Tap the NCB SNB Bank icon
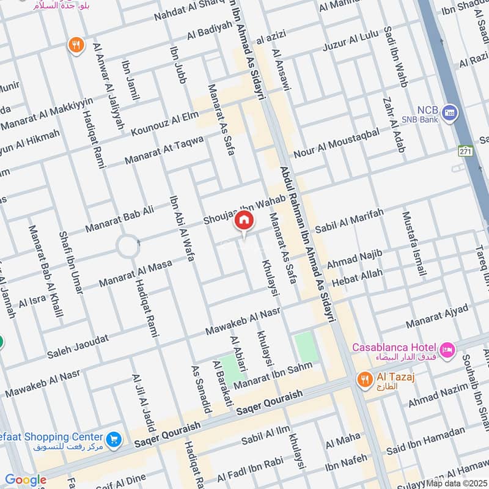tap(450, 112)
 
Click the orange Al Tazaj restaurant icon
tap(364, 380)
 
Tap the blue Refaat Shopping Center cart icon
tap(112, 439)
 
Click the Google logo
tap(26, 480)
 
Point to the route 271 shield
tap(466, 151)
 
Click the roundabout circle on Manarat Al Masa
tap(128, 246)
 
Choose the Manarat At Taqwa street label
tap(164, 150)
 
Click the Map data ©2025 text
tap(457, 483)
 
